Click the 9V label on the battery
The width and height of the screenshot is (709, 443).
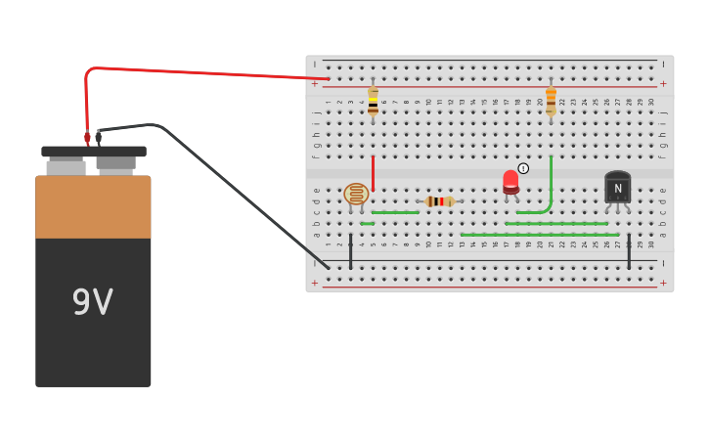(x=93, y=302)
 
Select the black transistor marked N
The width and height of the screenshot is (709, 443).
(x=617, y=188)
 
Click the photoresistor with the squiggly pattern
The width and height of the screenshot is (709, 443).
(x=356, y=194)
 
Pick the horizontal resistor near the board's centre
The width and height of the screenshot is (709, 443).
(x=440, y=201)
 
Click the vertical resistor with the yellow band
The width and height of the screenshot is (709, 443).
(x=373, y=102)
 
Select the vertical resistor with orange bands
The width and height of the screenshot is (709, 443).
(x=551, y=101)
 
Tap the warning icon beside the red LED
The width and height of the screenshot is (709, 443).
(x=523, y=168)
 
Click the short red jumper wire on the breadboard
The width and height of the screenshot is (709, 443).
(x=373, y=172)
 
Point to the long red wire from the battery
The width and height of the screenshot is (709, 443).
(x=196, y=72)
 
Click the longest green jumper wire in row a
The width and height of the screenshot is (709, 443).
(x=538, y=235)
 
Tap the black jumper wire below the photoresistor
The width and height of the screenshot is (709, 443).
(x=351, y=250)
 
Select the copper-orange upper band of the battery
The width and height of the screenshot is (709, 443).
(x=93, y=206)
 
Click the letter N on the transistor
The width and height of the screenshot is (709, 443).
(x=617, y=189)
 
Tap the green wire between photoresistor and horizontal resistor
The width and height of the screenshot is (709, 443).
(x=395, y=212)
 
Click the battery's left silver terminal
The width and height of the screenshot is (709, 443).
(x=66, y=166)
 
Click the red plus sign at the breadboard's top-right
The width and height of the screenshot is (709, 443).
(x=663, y=84)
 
